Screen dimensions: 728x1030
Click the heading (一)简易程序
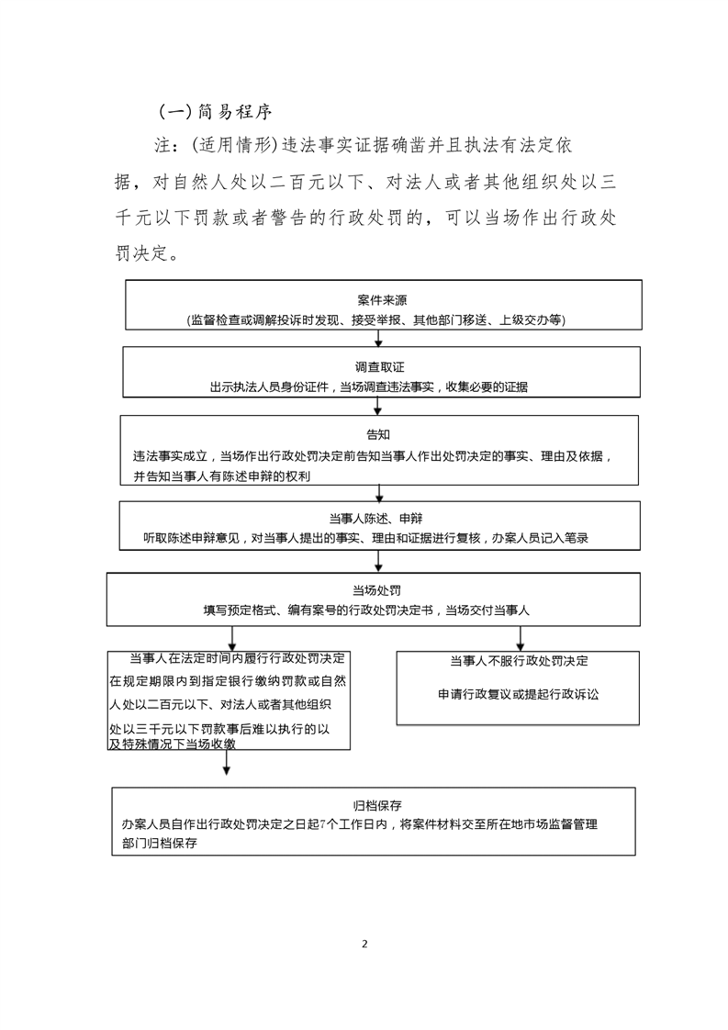[x=215, y=112]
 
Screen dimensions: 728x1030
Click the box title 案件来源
[x=383, y=300]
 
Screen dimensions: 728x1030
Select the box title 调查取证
[x=380, y=367]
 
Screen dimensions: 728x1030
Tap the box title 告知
[x=378, y=434]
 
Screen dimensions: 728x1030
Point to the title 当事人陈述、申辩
[x=375, y=519]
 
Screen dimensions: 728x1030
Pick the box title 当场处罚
[x=376, y=590]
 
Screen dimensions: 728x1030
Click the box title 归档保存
[x=377, y=805]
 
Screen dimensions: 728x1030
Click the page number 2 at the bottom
[x=364, y=944]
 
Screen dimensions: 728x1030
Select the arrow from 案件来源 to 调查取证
[x=378, y=339]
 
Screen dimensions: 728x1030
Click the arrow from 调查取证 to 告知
[x=378, y=406]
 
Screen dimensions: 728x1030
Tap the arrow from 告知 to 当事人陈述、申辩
[x=379, y=493]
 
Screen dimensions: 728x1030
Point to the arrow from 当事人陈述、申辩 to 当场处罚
[x=378, y=561]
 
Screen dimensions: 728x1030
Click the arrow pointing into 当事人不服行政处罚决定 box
[x=521, y=639]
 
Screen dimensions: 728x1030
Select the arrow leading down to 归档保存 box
[x=227, y=763]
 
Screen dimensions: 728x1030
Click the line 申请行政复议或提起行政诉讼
[x=519, y=694]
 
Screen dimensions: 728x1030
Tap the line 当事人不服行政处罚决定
[x=519, y=661]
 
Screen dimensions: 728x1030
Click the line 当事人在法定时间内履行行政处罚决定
[x=237, y=658]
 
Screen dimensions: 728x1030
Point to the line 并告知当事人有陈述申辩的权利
[x=222, y=476]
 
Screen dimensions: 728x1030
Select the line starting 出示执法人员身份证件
[x=369, y=386]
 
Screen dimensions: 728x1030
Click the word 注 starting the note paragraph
[x=162, y=145]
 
